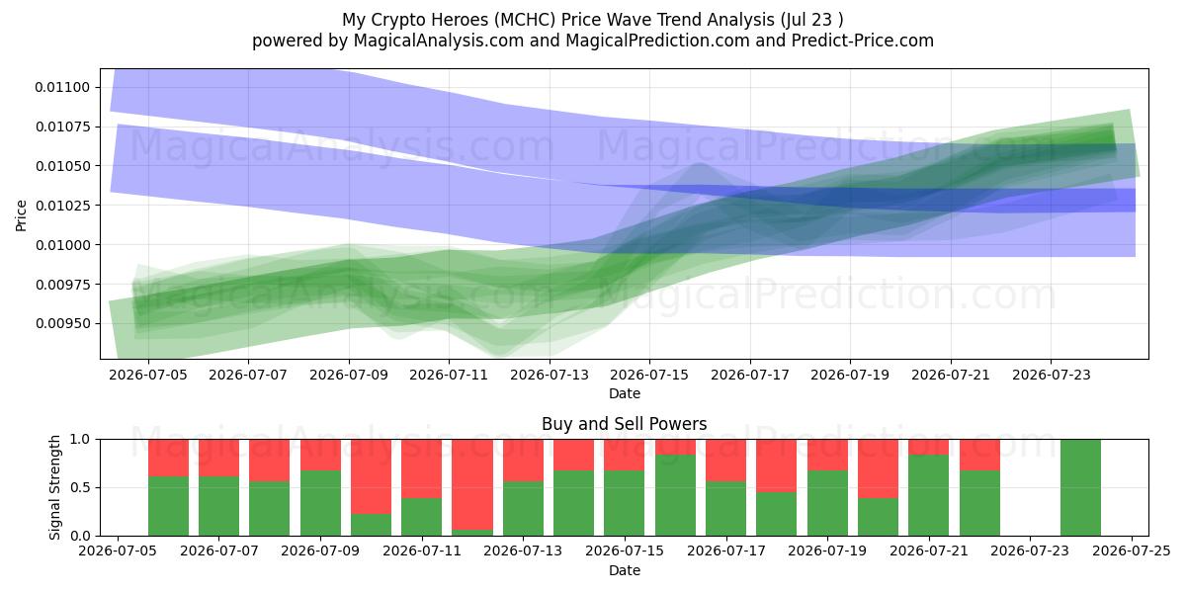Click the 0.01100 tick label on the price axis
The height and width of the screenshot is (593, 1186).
coord(62,87)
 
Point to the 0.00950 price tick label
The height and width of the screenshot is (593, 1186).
coord(62,323)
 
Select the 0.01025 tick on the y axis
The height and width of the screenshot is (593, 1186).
coord(62,206)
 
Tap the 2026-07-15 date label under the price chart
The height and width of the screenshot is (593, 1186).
coord(649,375)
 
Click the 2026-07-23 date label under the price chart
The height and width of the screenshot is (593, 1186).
coord(1051,375)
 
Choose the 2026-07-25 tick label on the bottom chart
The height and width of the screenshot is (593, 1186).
coord(1132,551)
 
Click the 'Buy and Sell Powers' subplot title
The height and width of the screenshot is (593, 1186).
coord(625,424)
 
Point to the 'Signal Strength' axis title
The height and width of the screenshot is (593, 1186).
coord(54,487)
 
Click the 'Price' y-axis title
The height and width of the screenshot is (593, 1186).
coord(21,215)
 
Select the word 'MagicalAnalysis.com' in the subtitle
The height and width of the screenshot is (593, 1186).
coord(439,41)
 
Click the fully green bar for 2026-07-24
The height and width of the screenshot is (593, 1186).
coord(1080,487)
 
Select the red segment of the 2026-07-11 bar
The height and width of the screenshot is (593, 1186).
coord(421,468)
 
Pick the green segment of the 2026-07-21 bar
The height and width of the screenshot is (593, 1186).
coord(929,495)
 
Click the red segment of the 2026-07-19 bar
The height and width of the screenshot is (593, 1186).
coord(827,455)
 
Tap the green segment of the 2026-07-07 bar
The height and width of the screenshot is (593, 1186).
coord(218,506)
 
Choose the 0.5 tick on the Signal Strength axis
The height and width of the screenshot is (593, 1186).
coord(80,487)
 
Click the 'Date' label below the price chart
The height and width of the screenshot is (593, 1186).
coord(625,394)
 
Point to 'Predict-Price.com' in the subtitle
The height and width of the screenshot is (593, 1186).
coord(863,41)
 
